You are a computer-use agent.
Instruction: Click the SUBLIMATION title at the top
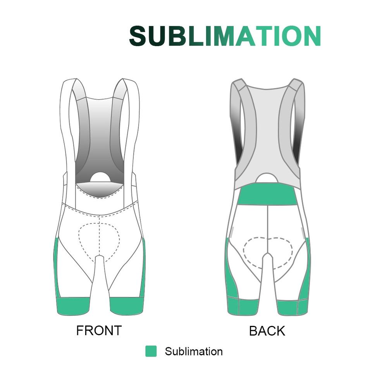(x=225, y=36)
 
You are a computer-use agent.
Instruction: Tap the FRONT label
(x=99, y=331)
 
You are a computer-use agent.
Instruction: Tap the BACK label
(x=267, y=331)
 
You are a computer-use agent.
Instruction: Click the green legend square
(x=151, y=351)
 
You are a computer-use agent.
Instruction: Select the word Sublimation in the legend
(x=194, y=351)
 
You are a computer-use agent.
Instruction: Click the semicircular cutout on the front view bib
(x=100, y=177)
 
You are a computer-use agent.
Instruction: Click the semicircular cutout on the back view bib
(x=267, y=178)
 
